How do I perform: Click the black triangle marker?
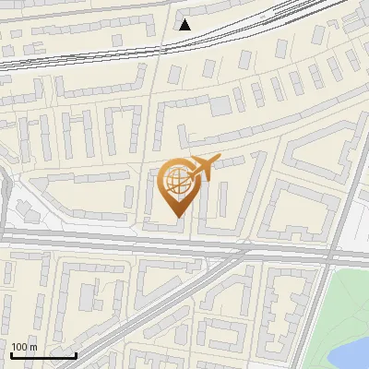coord(184,24)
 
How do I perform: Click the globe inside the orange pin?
coord(175,180)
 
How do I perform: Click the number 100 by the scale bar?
coord(20,347)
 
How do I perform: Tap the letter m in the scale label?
coord(34,347)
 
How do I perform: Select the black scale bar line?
coord(43,355)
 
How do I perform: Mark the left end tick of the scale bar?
coord(12,353)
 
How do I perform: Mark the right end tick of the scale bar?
coord(76,353)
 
